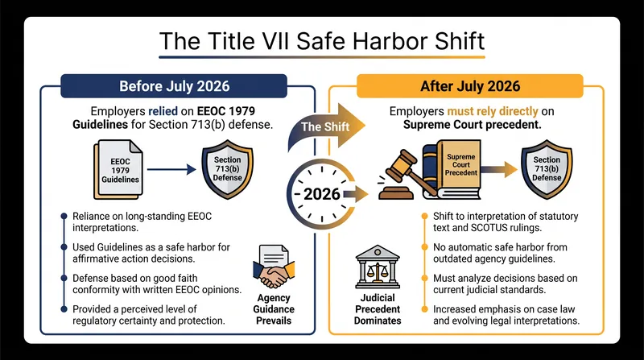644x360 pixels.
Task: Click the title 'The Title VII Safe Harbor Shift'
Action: [322, 41]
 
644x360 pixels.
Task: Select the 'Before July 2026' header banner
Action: [174, 86]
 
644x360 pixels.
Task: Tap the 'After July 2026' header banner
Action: [470, 86]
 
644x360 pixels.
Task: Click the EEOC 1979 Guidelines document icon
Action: [118, 170]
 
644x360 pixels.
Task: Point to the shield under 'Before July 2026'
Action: [227, 169]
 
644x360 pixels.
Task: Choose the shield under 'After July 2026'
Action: [547, 169]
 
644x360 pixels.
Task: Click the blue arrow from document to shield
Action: [171, 169]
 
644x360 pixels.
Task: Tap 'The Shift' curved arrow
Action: [327, 126]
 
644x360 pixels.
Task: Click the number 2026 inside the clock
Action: [322, 194]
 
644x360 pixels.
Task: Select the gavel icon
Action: [405, 176]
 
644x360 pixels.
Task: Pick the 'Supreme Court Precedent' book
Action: [454, 170]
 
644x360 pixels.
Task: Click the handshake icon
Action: [274, 267]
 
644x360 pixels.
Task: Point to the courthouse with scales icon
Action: [378, 267]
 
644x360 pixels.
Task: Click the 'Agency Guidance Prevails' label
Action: [274, 309]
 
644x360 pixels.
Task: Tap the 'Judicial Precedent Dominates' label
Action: [378, 309]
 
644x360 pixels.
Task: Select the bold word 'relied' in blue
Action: [163, 111]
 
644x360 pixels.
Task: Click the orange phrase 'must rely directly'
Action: [493, 111]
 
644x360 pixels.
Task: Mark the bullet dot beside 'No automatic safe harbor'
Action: [425, 247]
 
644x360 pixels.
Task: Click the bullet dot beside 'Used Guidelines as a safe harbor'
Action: [64, 247]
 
